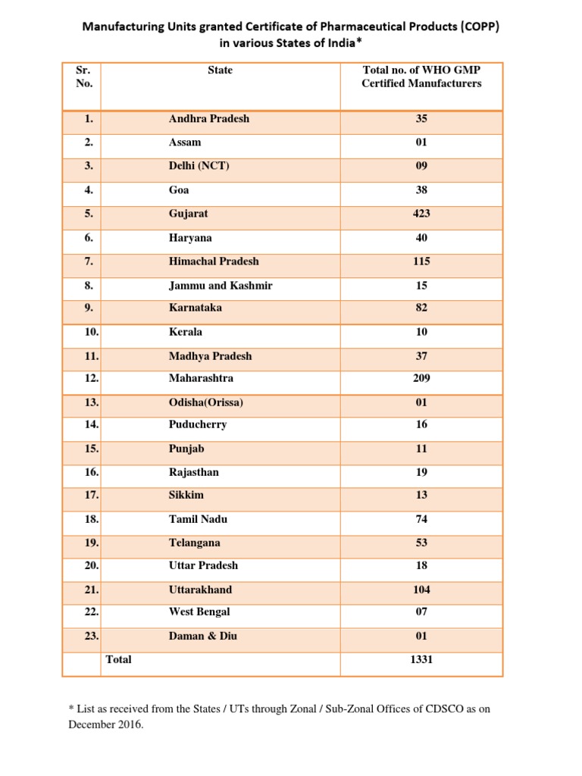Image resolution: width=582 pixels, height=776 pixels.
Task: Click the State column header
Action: [220, 70]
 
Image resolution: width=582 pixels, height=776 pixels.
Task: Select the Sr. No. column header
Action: [84, 77]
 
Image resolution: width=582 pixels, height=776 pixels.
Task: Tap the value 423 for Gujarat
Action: [421, 214]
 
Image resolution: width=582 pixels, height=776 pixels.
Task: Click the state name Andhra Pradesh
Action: [209, 119]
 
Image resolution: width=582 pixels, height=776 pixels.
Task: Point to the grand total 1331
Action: [421, 660]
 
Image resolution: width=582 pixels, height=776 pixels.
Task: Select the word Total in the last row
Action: [119, 660]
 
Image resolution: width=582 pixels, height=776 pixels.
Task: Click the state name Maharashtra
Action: [201, 378]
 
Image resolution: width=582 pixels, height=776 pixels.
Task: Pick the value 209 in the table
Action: [421, 378]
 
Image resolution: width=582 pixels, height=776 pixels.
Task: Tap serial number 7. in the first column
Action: [89, 261]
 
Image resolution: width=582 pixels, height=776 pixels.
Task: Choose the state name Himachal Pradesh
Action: [214, 261]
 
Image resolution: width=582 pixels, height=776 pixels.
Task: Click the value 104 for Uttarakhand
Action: [421, 590]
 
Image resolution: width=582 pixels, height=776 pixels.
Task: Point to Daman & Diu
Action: [202, 636]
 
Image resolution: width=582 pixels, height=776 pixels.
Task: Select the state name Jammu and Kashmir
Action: [221, 286]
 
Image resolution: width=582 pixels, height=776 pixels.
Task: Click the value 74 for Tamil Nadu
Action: [421, 520]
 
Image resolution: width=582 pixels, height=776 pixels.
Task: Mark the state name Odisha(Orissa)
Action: [206, 402]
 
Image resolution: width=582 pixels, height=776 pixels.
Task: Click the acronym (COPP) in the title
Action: [474, 27]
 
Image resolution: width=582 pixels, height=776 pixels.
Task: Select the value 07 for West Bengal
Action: [421, 612]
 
